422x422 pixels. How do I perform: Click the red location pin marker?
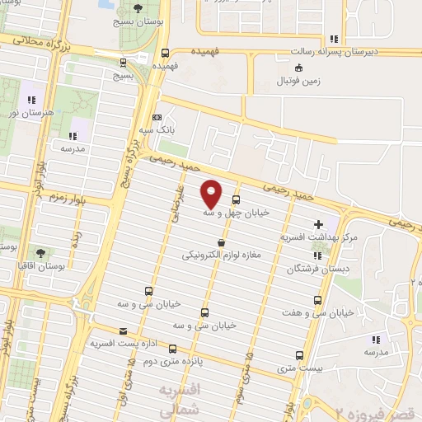211,194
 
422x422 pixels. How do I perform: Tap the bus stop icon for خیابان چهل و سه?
237,199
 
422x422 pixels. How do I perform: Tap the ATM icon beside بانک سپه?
157,118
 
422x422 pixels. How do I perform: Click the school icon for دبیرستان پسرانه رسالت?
333,39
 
